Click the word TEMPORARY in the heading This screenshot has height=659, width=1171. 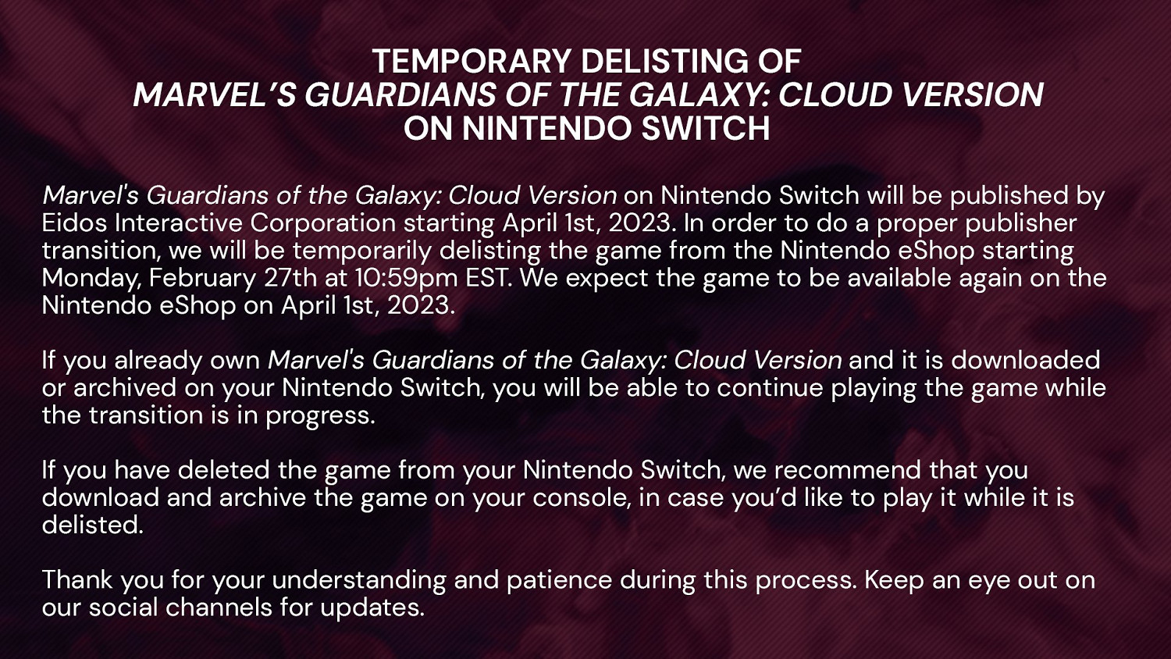(471, 61)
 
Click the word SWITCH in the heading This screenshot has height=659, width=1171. (705, 128)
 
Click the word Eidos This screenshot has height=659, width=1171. (73, 223)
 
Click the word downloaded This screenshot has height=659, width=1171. (1025, 360)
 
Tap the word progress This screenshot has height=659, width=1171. (320, 417)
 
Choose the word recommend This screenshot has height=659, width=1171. (847, 470)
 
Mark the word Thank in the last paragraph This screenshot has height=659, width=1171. (77, 579)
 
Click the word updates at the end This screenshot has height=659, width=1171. (372, 608)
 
